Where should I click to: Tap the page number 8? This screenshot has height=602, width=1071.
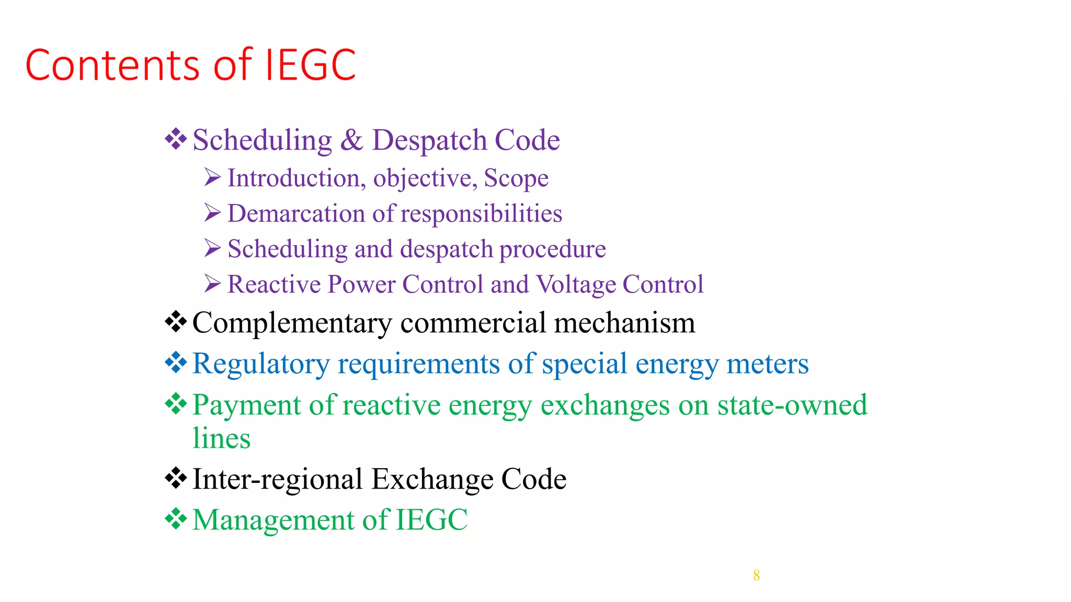point(756,575)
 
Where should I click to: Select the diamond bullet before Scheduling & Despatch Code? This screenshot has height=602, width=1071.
point(176,140)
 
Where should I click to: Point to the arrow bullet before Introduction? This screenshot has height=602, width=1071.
point(212,178)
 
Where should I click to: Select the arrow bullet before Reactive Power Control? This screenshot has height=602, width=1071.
point(212,284)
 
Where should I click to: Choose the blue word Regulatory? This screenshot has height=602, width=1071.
point(261,364)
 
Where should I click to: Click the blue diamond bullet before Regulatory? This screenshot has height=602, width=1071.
point(176,363)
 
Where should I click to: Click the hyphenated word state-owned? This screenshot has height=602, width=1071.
point(792,405)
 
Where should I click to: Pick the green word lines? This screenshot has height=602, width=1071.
point(221,438)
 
